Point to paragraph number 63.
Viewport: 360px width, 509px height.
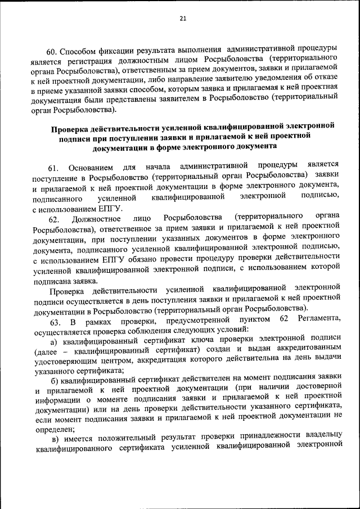click(55, 322)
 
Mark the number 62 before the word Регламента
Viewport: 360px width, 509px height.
click(284, 321)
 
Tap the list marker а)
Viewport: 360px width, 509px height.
click(54, 342)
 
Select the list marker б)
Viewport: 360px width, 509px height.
click(55, 382)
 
